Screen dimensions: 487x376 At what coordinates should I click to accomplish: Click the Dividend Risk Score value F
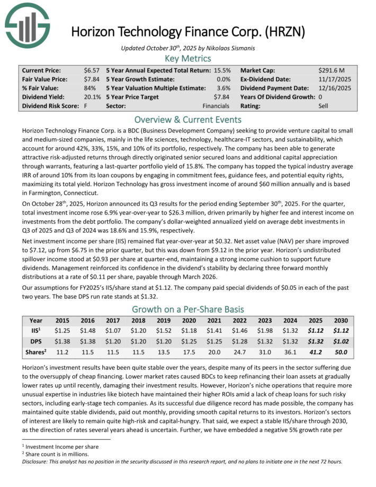pos(86,106)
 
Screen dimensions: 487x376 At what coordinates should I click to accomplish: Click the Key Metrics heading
pos(188,58)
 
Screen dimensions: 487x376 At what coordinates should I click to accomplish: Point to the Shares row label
pos(36,351)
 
